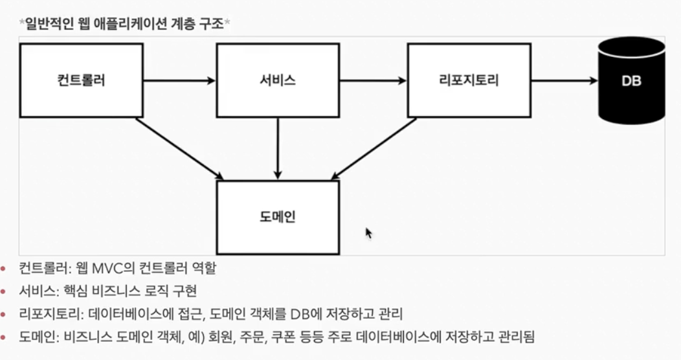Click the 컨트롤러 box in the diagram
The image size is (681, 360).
pyautogui.click(x=82, y=80)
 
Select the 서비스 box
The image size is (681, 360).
pyautogui.click(x=277, y=80)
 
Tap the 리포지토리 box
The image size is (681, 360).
pyautogui.click(x=469, y=80)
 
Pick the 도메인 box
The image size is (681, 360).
pyautogui.click(x=277, y=217)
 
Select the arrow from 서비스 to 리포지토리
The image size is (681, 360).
pyautogui.click(x=373, y=81)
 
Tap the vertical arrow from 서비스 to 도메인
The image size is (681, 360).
pyautogui.click(x=277, y=149)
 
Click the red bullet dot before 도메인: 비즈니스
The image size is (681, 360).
pyautogui.click(x=5, y=337)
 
